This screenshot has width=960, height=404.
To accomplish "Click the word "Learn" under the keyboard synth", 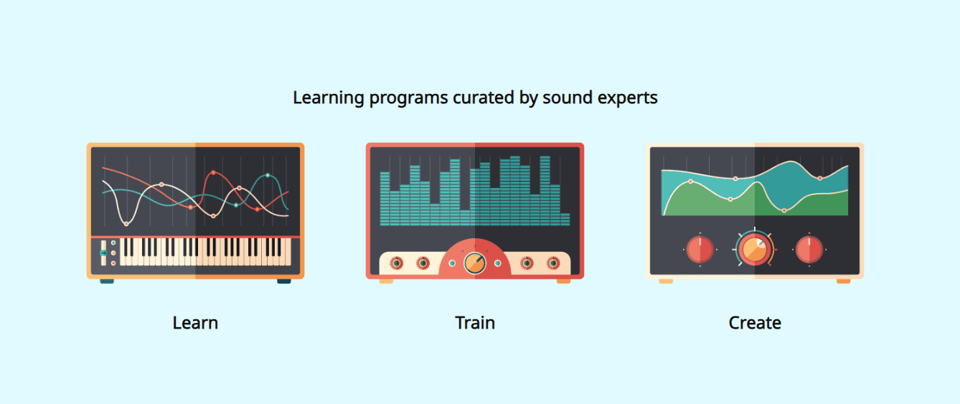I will (195, 323).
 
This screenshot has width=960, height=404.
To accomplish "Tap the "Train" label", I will (475, 323).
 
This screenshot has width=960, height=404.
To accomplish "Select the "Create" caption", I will (755, 323).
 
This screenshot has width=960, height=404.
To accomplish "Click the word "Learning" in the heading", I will (329, 98).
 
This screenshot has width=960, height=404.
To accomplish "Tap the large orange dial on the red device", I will (474, 263).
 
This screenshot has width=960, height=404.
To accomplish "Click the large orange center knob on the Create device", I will (753, 249).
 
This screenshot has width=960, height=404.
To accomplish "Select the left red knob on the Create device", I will (700, 250).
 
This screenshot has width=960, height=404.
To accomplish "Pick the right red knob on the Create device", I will (809, 250).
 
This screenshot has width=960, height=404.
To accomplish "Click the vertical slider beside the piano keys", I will (103, 253).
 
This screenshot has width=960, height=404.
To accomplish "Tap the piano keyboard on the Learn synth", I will (205, 251).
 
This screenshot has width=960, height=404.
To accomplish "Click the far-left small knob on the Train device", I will (396, 263).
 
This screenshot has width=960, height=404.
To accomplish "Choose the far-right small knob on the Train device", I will (552, 263).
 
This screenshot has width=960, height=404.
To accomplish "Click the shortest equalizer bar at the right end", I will (565, 219).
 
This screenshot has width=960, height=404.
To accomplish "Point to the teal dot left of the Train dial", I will (452, 263).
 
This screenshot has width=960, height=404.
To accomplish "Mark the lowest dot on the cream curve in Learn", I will (126, 224).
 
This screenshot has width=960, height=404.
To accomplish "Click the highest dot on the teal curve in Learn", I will (268, 175).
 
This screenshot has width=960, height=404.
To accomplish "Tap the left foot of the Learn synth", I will (107, 281).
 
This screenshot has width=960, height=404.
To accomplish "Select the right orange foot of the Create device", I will (843, 281).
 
